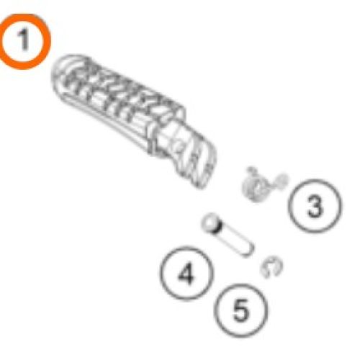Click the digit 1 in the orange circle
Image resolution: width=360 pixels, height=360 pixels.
click(x=24, y=40)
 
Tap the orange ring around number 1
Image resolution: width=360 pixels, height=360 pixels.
click(x=48, y=41)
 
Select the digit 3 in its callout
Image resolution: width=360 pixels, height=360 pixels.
click(x=315, y=206)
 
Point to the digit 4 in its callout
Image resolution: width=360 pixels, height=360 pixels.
click(x=186, y=274)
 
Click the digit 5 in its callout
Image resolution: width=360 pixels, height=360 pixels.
click(x=240, y=310)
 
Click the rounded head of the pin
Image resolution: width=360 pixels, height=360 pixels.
click(x=211, y=222)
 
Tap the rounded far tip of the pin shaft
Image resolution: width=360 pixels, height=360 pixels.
click(x=249, y=252)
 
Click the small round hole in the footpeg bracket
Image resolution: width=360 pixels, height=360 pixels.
click(x=179, y=146)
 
